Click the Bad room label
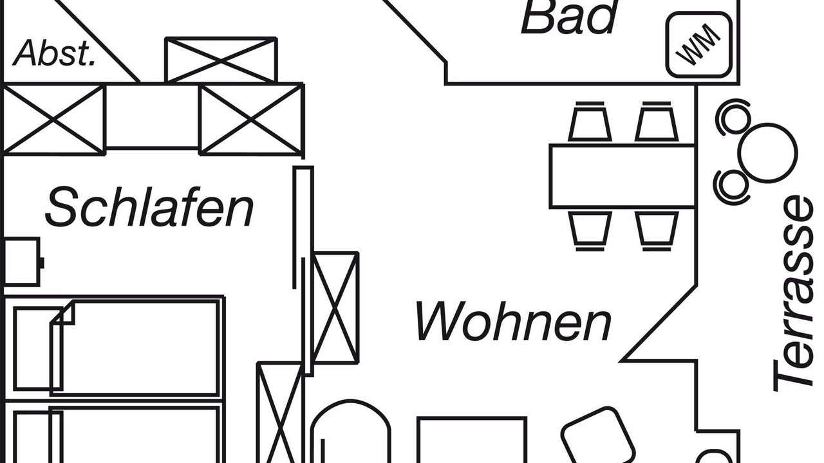click(x=568, y=17)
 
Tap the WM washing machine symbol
click(x=699, y=45)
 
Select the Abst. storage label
click(x=55, y=53)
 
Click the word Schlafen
click(x=149, y=207)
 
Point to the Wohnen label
click(x=514, y=321)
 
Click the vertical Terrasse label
click(x=793, y=295)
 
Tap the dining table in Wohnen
click(x=623, y=176)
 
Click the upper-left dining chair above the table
click(x=590, y=122)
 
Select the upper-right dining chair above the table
click(x=657, y=122)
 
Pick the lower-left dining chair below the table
click(x=590, y=231)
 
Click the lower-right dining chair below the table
click(x=657, y=231)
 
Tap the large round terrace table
click(x=768, y=153)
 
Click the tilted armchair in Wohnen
click(x=597, y=437)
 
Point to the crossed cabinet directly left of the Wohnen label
click(x=335, y=308)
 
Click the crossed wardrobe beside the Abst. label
click(x=221, y=60)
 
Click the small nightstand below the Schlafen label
click(x=21, y=262)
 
